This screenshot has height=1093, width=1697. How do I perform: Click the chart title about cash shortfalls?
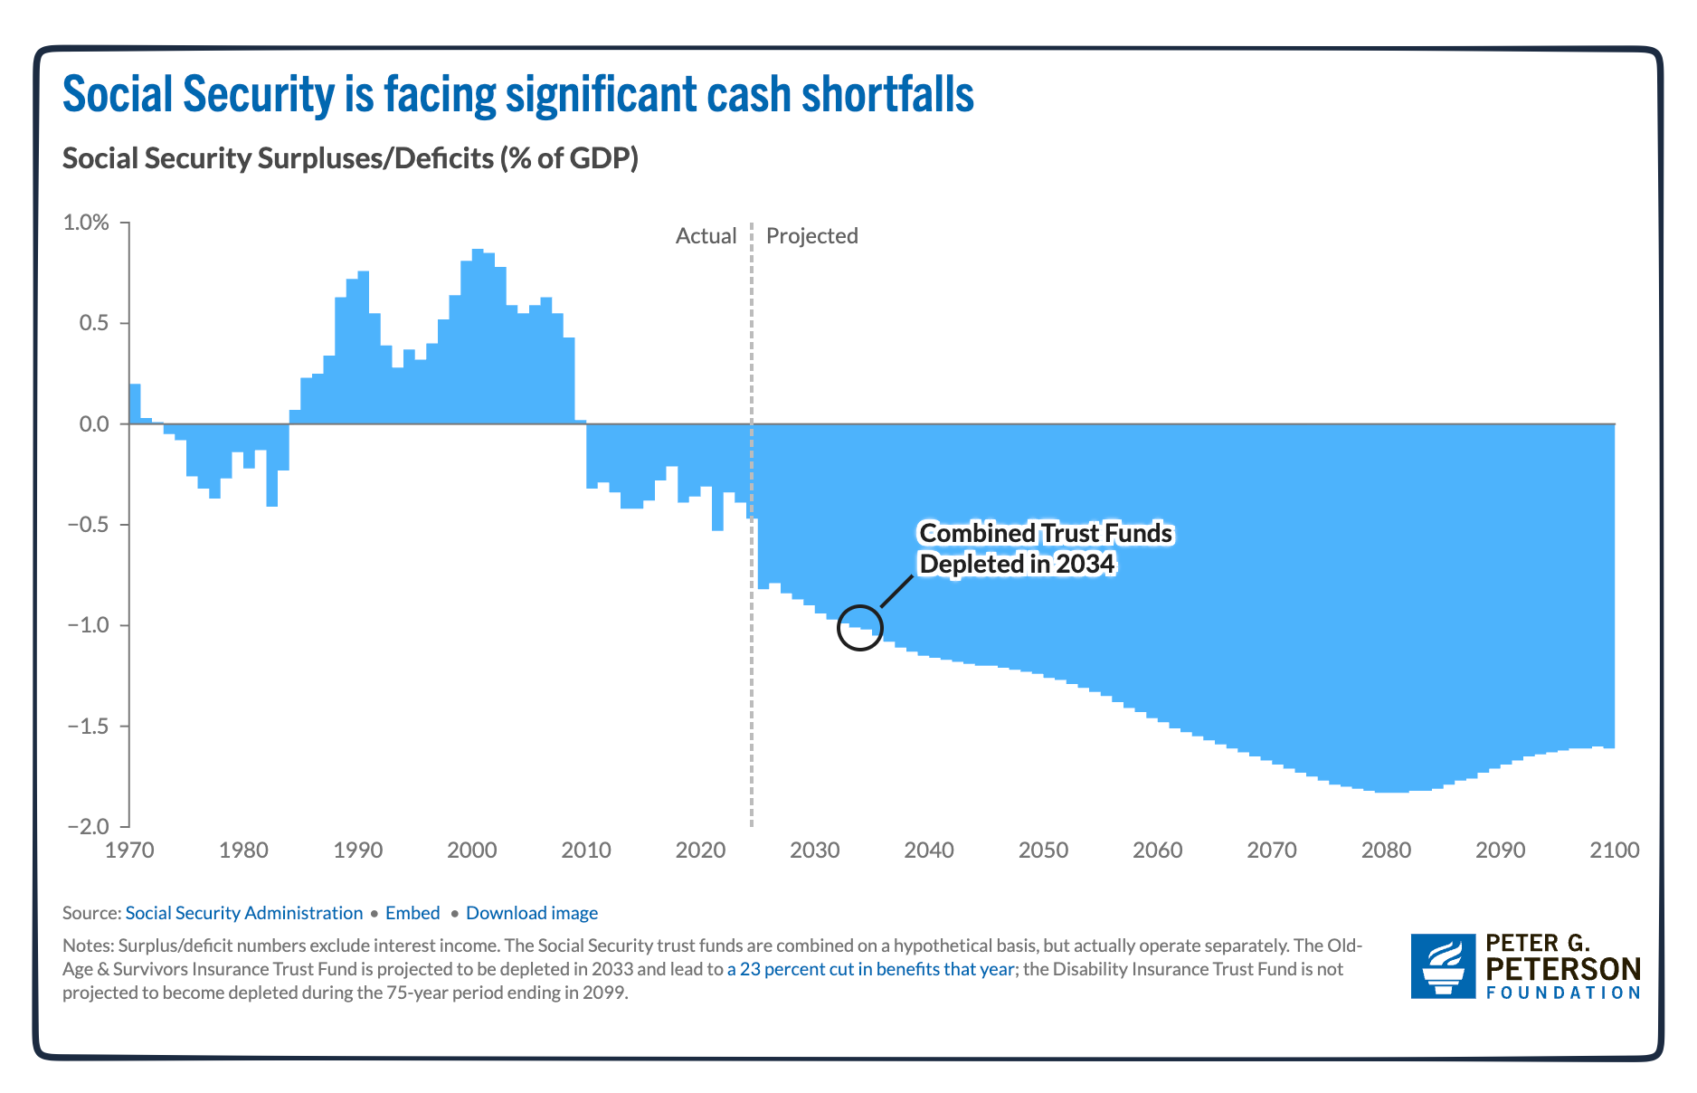point(517,94)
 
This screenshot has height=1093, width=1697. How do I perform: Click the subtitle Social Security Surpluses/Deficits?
point(350,158)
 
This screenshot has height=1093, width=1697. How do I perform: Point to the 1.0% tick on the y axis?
point(86,223)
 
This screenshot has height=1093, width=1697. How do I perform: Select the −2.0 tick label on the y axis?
point(88,827)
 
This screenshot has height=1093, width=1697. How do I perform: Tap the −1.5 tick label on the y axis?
point(88,727)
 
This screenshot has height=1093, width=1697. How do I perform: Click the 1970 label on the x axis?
point(129,851)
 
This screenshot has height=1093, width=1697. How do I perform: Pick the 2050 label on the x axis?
point(1043,851)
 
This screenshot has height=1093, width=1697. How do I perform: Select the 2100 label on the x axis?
point(1614,851)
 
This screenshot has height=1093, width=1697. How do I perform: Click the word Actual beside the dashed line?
point(706,236)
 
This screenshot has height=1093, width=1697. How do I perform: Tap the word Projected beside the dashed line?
point(811,236)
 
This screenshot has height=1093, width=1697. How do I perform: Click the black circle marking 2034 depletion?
point(859,628)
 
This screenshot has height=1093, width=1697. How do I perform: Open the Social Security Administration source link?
point(243,913)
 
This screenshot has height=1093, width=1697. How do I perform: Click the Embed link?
point(412,913)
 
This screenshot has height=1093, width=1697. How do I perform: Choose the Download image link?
point(531,913)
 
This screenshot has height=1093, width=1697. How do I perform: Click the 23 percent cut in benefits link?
point(869,969)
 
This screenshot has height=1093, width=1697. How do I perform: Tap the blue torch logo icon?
point(1443,966)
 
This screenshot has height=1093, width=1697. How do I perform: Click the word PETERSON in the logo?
point(1562,969)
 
